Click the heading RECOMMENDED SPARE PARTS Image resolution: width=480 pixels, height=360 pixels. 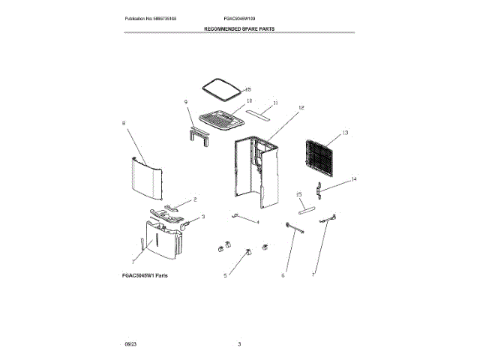pyautogui.click(x=239, y=28)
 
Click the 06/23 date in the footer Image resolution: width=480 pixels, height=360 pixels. pyautogui.click(x=130, y=343)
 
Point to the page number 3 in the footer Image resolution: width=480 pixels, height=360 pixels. pyautogui.click(x=239, y=343)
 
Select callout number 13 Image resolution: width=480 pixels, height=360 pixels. pyautogui.click(x=346, y=133)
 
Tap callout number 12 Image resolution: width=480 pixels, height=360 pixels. pyautogui.click(x=301, y=108)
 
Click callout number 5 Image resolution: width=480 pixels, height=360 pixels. pyautogui.click(x=224, y=276)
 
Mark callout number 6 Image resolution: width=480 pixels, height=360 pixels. pyautogui.click(x=283, y=276)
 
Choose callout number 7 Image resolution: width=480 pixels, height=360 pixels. pyautogui.click(x=313, y=276)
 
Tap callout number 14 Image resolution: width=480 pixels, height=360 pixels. pyautogui.click(x=354, y=179)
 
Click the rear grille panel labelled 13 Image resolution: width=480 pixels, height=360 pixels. pyautogui.click(x=318, y=159)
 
